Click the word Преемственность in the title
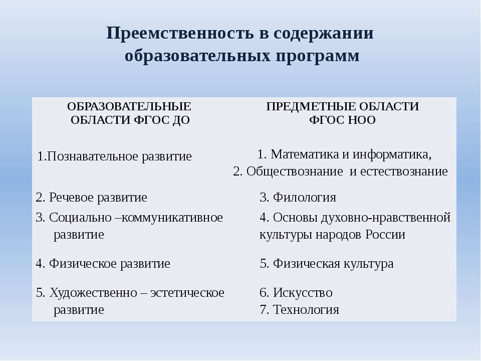(x=180, y=33)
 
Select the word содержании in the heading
(x=323, y=34)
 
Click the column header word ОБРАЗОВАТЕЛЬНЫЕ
(x=129, y=106)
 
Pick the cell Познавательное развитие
(x=114, y=156)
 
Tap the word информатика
(x=392, y=154)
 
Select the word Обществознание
(x=295, y=171)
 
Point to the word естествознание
(x=404, y=171)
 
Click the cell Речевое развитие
(x=91, y=198)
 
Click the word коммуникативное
(x=172, y=218)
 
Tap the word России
(x=385, y=235)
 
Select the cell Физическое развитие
(x=103, y=264)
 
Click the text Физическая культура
(x=327, y=264)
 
